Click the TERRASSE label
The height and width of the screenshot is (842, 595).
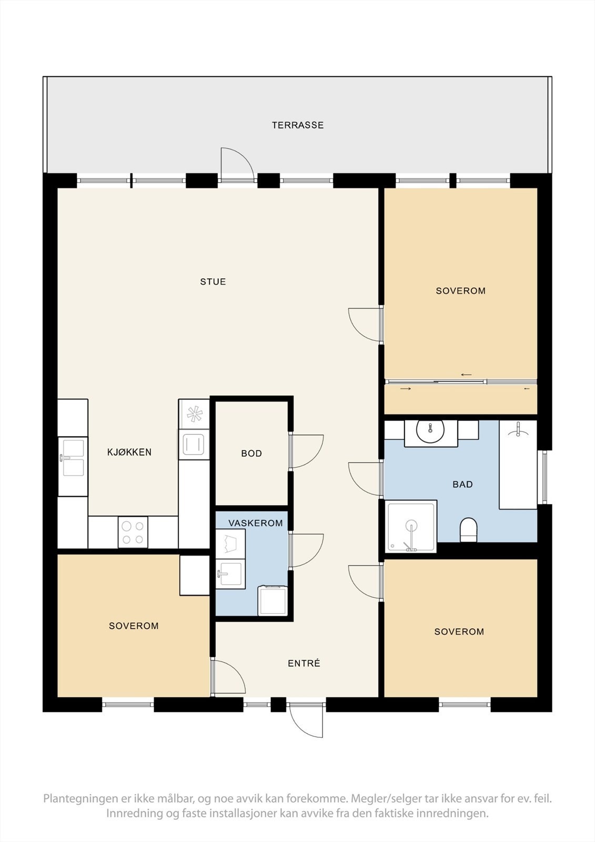pos(297,125)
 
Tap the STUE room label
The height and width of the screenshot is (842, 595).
pos(213,282)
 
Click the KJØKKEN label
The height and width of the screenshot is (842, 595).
pos(129,452)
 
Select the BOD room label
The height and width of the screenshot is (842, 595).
pos(251,454)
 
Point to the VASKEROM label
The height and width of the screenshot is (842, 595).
pos(255,524)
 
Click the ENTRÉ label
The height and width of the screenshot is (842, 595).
pos(304,664)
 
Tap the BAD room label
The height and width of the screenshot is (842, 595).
pos(462,484)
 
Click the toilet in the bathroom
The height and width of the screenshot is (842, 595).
pos(468,529)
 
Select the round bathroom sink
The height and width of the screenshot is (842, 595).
pos(430,432)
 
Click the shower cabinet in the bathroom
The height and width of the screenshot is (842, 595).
pos(411,526)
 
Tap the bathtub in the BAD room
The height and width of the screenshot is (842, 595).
pos(518,465)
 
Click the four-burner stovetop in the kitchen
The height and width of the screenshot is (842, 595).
pos(133,532)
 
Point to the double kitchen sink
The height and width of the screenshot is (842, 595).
pos(73,458)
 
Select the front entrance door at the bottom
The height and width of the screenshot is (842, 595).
pos(306,718)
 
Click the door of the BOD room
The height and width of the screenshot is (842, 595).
pos(306,451)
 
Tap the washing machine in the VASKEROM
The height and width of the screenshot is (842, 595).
pos(272,601)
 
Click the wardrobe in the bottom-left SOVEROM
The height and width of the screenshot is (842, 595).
pos(195,575)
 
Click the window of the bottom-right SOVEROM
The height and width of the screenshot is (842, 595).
pos(465,705)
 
